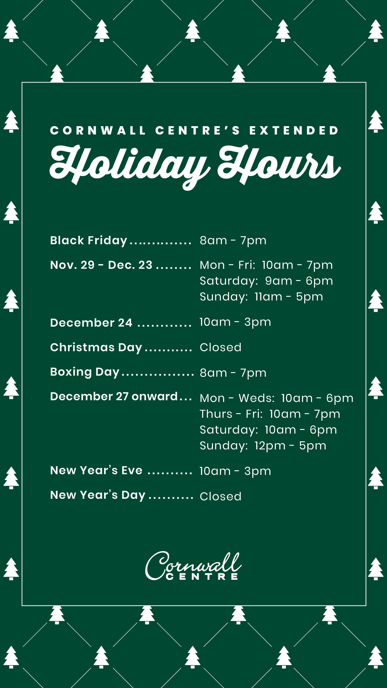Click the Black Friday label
pyautogui.click(x=88, y=241)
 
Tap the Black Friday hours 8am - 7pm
pyautogui.click(x=233, y=241)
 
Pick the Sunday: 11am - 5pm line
pyautogui.click(x=261, y=297)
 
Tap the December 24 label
pyautogui.click(x=91, y=323)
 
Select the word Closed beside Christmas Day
pyautogui.click(x=221, y=347)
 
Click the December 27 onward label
pyautogui.click(x=114, y=396)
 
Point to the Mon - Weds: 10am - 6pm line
pyautogui.click(x=276, y=398)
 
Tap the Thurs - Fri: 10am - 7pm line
pyautogui.click(x=270, y=414)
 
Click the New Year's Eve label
pyautogui.click(x=96, y=470)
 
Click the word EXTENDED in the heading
pyautogui.click(x=294, y=131)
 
